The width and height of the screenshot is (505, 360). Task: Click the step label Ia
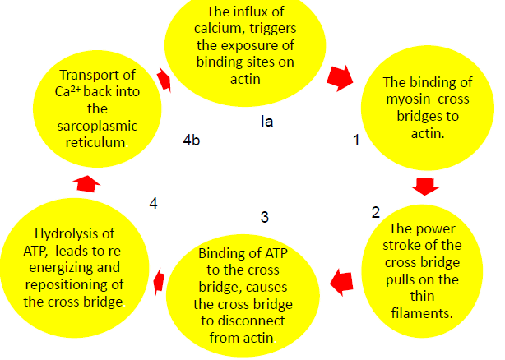click(266, 121)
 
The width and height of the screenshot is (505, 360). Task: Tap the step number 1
click(356, 141)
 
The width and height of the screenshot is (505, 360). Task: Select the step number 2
click(376, 212)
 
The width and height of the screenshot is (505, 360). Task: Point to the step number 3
click(264, 217)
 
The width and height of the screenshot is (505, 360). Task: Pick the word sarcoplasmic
click(96, 126)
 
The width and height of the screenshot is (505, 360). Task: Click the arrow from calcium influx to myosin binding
click(338, 78)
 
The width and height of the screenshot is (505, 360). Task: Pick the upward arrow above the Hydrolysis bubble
click(85, 182)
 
